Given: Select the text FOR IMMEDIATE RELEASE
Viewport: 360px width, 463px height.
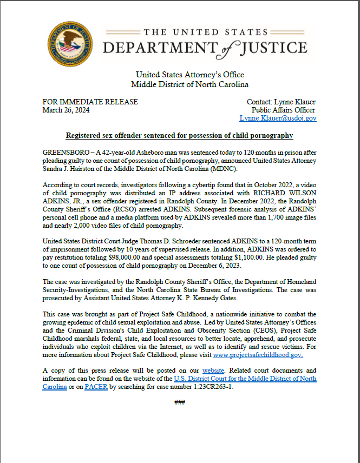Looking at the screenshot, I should (90, 102).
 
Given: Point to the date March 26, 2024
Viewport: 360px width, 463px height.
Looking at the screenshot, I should (66, 110).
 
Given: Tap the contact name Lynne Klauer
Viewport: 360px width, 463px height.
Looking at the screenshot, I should (296, 102).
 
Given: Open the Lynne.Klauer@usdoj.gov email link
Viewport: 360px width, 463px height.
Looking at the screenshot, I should (278, 118).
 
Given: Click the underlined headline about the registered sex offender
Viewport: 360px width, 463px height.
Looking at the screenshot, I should (179, 135).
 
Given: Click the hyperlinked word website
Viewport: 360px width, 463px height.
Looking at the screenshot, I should (213, 371).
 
